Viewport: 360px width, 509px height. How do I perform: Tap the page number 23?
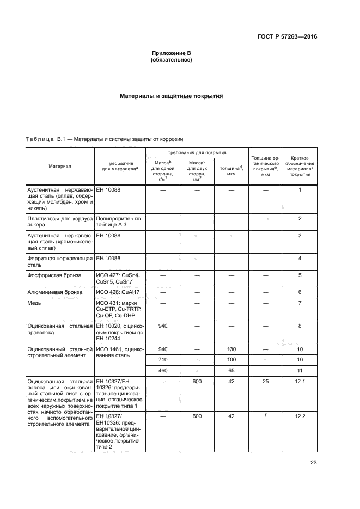click(313, 463)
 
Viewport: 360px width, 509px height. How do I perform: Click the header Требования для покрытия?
click(197, 153)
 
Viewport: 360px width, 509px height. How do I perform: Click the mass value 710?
click(162, 359)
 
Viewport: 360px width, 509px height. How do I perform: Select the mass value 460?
click(162, 370)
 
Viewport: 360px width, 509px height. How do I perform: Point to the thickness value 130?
click(231, 348)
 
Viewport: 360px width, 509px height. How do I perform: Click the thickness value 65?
click(231, 370)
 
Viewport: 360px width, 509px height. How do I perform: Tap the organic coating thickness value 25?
click(265, 382)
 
